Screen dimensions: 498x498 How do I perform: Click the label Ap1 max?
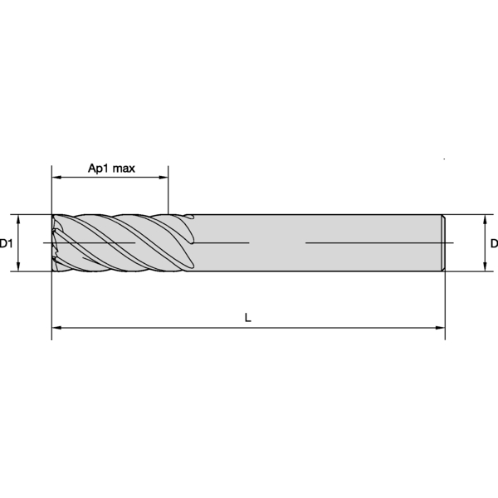pyautogui.click(x=111, y=168)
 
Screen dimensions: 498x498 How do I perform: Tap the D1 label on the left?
pyautogui.click(x=6, y=243)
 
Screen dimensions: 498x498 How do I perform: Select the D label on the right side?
pyautogui.click(x=493, y=243)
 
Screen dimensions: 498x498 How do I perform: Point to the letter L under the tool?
pyautogui.click(x=248, y=318)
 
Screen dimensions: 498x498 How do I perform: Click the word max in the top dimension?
pyautogui.click(x=124, y=168)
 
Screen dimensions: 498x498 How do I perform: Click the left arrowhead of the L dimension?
pyautogui.click(x=56, y=329)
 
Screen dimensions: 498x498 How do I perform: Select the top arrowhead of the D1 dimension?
pyautogui.click(x=18, y=219)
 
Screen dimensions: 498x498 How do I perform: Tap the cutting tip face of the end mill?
pyautogui.click(x=55, y=242)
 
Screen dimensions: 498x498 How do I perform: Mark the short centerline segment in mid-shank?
pyautogui.click(x=224, y=242)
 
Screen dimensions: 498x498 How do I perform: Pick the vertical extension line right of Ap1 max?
pyautogui.click(x=168, y=191)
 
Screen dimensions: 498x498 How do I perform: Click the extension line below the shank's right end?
pyautogui.click(x=445, y=303)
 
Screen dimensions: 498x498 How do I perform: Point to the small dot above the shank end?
pyautogui.click(x=445, y=158)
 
